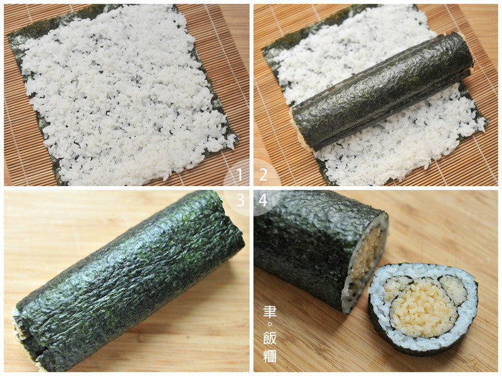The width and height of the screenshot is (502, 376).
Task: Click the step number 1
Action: click(x=239, y=175)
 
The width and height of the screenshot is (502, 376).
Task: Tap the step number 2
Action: click(x=264, y=175)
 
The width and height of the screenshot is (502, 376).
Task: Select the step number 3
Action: click(x=240, y=201)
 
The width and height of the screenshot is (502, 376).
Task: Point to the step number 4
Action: click(x=263, y=201)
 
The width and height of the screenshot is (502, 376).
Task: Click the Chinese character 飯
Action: click(x=270, y=338)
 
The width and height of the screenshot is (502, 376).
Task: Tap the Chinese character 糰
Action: click(x=270, y=356)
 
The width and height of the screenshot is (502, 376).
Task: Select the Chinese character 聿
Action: click(x=270, y=312)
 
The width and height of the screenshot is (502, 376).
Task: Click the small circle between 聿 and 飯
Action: click(x=269, y=324)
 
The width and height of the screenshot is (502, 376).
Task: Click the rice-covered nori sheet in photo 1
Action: click(x=122, y=96)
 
